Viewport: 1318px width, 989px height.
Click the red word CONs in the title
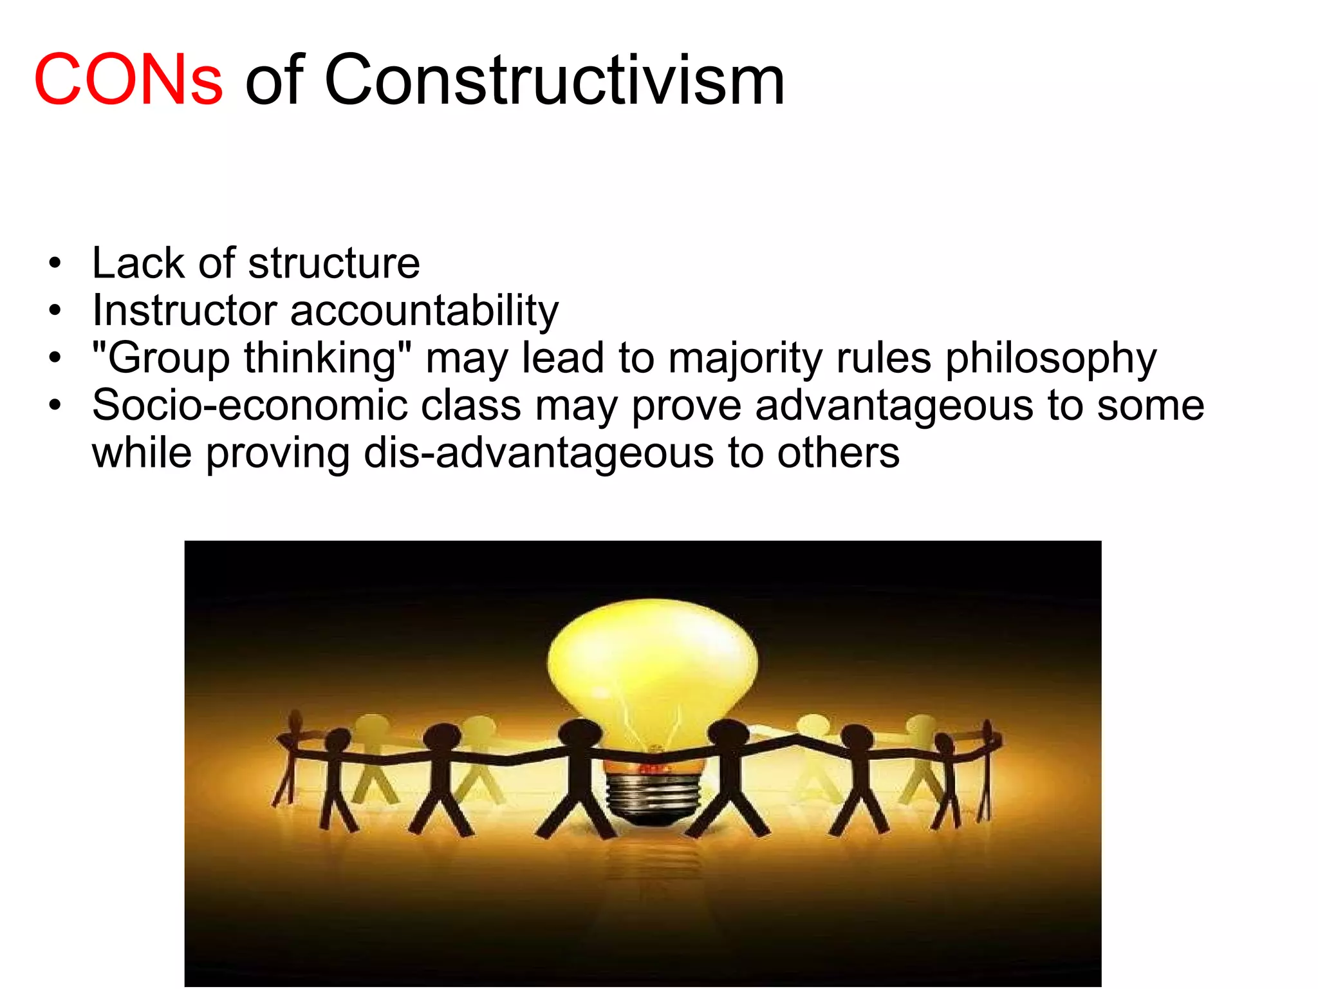tap(128, 80)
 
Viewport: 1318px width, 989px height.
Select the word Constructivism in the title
tap(554, 80)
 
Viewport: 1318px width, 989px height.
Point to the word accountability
tap(424, 312)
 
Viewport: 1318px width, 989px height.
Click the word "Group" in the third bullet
tap(161, 358)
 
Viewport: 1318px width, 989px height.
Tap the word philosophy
tap(1050, 358)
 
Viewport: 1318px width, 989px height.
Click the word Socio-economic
tap(250, 406)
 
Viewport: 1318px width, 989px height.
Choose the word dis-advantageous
tap(539, 453)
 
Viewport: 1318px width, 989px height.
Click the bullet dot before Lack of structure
tap(55, 263)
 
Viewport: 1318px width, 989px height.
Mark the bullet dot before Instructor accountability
tap(55, 311)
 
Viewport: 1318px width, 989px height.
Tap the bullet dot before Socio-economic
tap(55, 406)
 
